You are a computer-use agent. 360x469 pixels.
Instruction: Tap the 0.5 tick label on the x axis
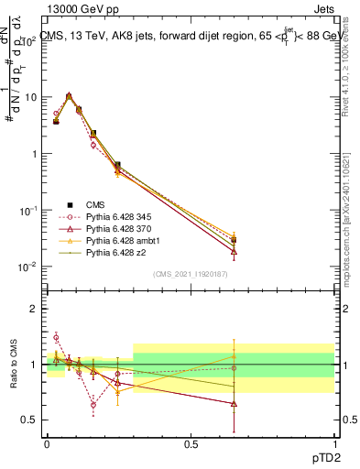coord(191,444)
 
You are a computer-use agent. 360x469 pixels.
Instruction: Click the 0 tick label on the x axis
coord(47,444)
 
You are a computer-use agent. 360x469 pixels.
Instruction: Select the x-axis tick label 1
coord(333,444)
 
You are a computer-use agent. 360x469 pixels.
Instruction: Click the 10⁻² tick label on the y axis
coord(29,267)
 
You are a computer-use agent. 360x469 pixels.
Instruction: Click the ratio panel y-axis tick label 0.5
coord(30,420)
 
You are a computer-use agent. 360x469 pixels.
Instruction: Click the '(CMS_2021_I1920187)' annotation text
coord(191,273)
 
